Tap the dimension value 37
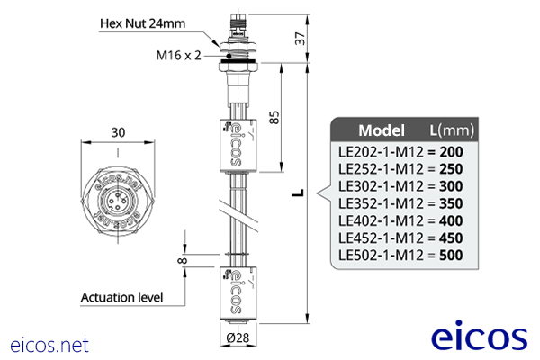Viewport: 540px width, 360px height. pyautogui.click(x=300, y=39)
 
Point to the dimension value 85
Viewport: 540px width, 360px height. pyautogui.click(x=274, y=116)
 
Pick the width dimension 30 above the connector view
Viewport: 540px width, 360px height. pyautogui.click(x=118, y=131)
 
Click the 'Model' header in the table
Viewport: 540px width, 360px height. pyautogui.click(x=382, y=129)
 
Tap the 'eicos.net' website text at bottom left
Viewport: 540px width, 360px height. pyautogui.click(x=49, y=344)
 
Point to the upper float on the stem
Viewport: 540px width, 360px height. pyautogui.click(x=234, y=144)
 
